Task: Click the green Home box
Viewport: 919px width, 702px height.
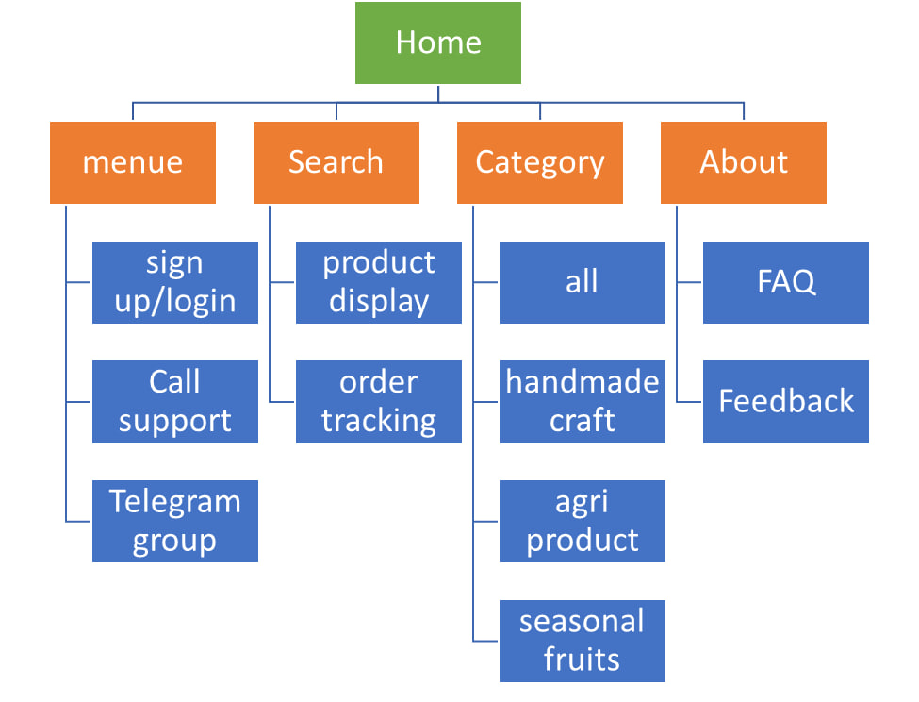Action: tap(437, 42)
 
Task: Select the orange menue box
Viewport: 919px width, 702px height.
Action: tap(133, 162)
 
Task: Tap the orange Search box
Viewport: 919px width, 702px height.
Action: tap(336, 162)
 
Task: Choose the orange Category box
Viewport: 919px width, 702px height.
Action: tap(540, 162)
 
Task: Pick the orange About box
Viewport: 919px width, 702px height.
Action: tap(743, 162)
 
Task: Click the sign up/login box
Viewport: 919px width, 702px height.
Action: tap(175, 282)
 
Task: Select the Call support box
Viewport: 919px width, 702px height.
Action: tap(175, 402)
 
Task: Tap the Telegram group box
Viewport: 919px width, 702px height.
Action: tap(175, 521)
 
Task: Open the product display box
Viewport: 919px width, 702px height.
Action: tap(379, 282)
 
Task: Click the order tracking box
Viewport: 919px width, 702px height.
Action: tap(379, 402)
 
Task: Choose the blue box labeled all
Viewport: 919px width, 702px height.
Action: tap(582, 282)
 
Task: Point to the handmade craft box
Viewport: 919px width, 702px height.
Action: tap(582, 402)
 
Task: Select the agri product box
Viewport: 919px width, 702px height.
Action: tap(582, 521)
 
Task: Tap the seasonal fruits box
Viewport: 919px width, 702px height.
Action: tap(582, 641)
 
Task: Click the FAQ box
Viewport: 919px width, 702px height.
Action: tap(786, 282)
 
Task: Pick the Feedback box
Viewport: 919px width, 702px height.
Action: tap(786, 402)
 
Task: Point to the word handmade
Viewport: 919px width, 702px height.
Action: tap(582, 382)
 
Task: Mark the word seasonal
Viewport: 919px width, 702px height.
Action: tap(582, 622)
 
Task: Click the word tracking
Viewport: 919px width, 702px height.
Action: tap(379, 421)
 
